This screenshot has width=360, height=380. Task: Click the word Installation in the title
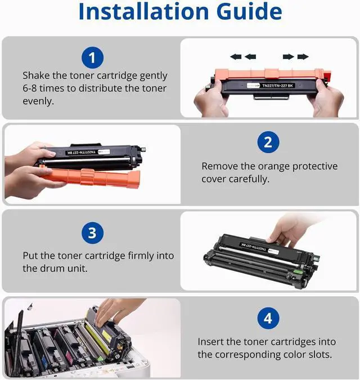click(x=143, y=11)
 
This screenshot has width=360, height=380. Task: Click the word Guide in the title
click(x=249, y=11)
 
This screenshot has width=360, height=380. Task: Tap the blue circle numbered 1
click(x=92, y=57)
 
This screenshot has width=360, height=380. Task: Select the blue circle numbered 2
click(x=268, y=142)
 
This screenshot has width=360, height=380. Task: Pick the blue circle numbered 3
click(x=92, y=233)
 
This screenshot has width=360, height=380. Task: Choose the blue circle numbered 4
click(x=268, y=318)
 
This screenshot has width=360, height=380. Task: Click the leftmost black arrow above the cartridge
click(x=236, y=57)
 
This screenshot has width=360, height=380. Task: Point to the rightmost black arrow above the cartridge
click(x=303, y=57)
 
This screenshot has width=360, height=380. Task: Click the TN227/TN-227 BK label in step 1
click(x=277, y=86)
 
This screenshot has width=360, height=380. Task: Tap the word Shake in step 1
click(x=36, y=75)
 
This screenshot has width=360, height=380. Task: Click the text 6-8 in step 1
click(x=30, y=88)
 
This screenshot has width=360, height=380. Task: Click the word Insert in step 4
click(x=210, y=342)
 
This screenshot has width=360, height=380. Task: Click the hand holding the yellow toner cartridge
click(x=116, y=312)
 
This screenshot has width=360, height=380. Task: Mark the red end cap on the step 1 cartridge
click(x=327, y=75)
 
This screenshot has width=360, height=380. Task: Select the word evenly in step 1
click(x=38, y=101)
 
